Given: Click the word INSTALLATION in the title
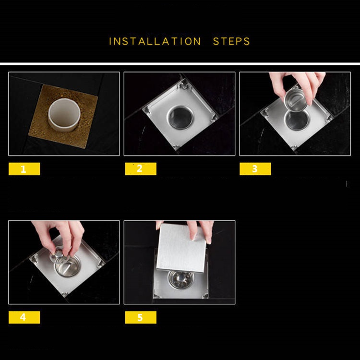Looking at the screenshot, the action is (x=155, y=41).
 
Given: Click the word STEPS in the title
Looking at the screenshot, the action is (x=231, y=41).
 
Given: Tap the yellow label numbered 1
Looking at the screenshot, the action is (x=24, y=169).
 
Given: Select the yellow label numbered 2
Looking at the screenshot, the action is (x=141, y=169).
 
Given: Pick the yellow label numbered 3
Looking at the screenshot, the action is (x=255, y=169).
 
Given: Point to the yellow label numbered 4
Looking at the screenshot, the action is (x=24, y=317).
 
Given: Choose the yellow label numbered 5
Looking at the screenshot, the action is (x=141, y=317).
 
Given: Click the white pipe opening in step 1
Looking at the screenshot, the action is (x=64, y=114).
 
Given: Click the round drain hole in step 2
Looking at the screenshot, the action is (x=180, y=117).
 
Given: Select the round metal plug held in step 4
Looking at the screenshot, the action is (x=59, y=254).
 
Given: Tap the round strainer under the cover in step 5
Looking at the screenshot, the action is (x=180, y=279).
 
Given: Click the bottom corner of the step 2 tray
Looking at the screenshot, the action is (x=176, y=149).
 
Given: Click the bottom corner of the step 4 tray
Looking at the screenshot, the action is (x=64, y=296).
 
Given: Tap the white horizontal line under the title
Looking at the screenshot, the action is (x=180, y=63).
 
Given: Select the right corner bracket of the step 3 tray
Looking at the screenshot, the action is (x=329, y=118).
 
